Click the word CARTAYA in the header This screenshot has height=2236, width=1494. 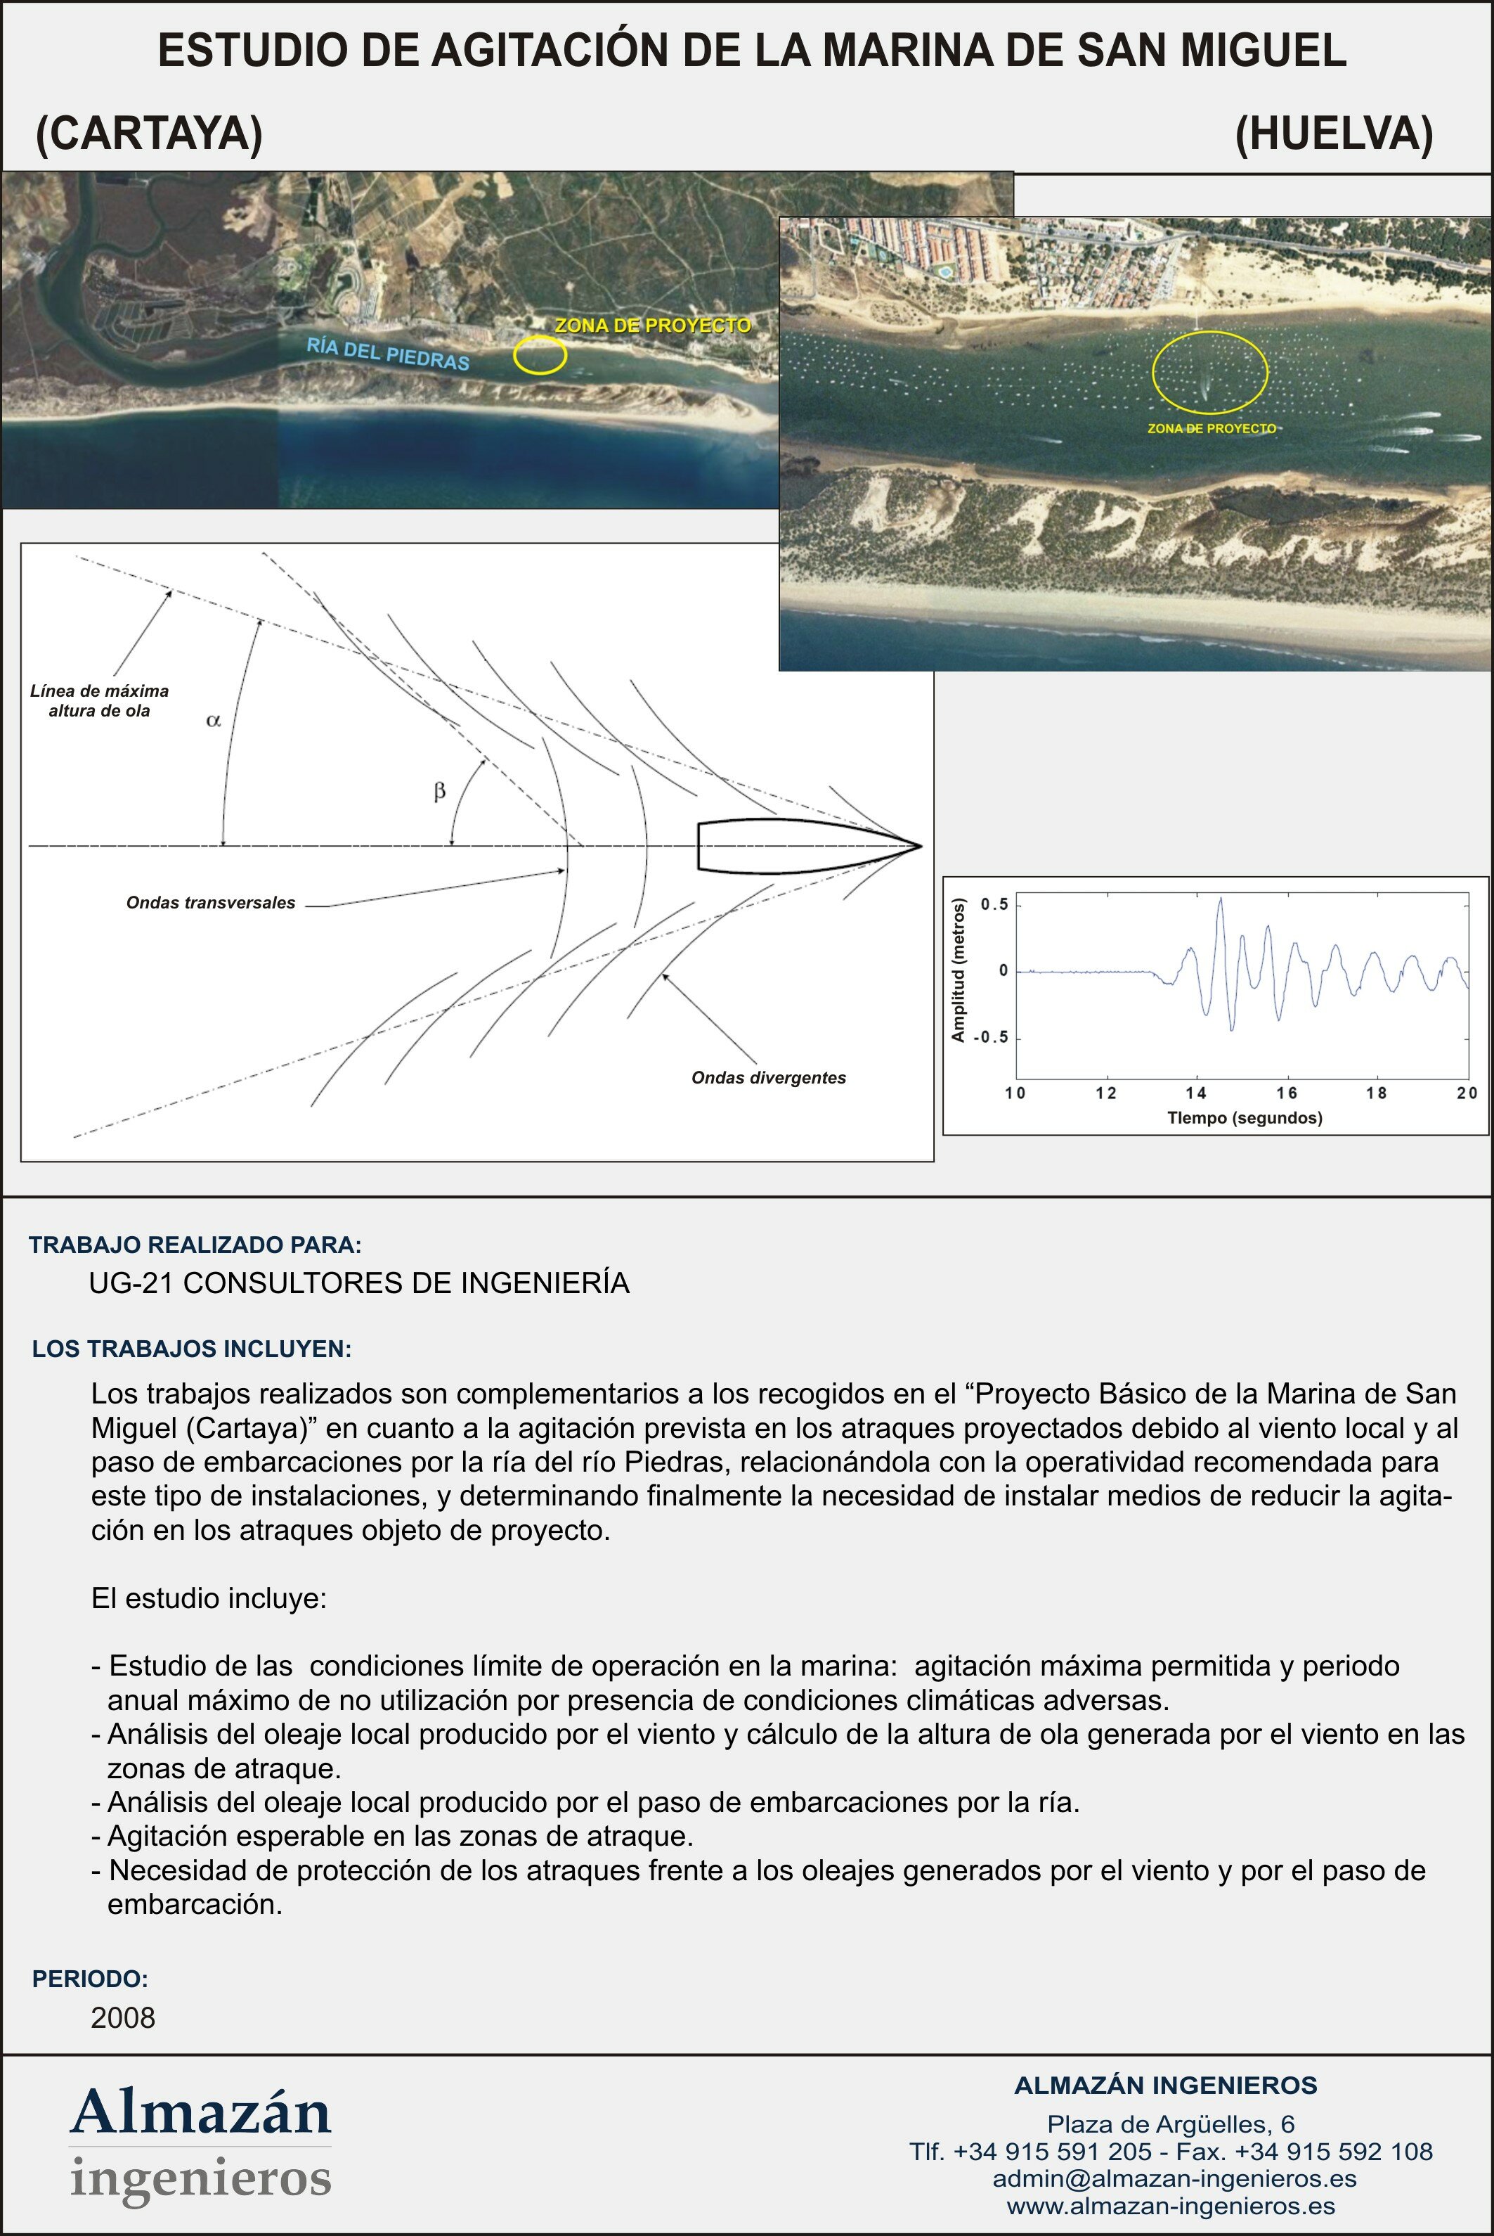point(149,134)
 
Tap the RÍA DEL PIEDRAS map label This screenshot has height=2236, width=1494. point(388,354)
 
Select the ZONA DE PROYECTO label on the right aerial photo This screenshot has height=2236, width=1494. point(1211,429)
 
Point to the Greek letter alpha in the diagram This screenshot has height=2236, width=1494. point(214,721)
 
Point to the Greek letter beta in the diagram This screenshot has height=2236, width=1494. point(439,791)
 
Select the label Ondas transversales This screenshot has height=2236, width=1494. point(211,903)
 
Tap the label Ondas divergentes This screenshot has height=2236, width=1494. point(768,1078)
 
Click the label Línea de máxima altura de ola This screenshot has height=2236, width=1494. point(99,700)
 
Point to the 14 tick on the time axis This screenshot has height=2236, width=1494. point(1196,1093)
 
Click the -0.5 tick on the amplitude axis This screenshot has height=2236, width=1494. point(991,1038)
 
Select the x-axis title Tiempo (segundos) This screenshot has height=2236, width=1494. point(1245,1118)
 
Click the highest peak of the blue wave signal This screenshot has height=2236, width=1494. point(1221,899)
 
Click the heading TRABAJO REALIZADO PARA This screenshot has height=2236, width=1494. point(195,1245)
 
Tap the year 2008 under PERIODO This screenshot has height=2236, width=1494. point(123,2018)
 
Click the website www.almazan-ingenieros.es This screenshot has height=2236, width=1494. point(1171,2206)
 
